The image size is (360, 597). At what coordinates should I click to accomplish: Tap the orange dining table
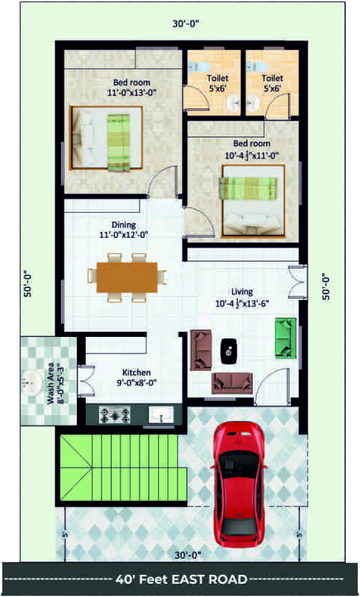(127, 277)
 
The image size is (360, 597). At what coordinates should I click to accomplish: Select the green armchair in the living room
(286, 338)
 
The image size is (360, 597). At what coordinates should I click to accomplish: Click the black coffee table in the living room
(229, 351)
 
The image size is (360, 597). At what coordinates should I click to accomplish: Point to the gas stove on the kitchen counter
(115, 415)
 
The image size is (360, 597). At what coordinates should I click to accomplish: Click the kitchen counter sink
(161, 414)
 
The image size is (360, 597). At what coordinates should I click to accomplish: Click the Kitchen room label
(136, 372)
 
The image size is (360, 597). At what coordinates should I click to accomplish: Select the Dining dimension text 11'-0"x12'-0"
(124, 235)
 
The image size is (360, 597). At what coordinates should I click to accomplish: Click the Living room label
(242, 292)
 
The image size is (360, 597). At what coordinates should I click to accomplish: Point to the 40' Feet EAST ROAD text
(181, 579)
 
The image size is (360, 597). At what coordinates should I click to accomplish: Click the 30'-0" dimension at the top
(186, 24)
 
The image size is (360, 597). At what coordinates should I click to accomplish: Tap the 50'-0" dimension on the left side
(28, 284)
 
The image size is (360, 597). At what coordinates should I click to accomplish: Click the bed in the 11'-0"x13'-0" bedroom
(106, 138)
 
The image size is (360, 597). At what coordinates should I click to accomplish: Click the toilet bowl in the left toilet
(199, 66)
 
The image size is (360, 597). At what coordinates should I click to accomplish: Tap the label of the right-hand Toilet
(272, 78)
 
